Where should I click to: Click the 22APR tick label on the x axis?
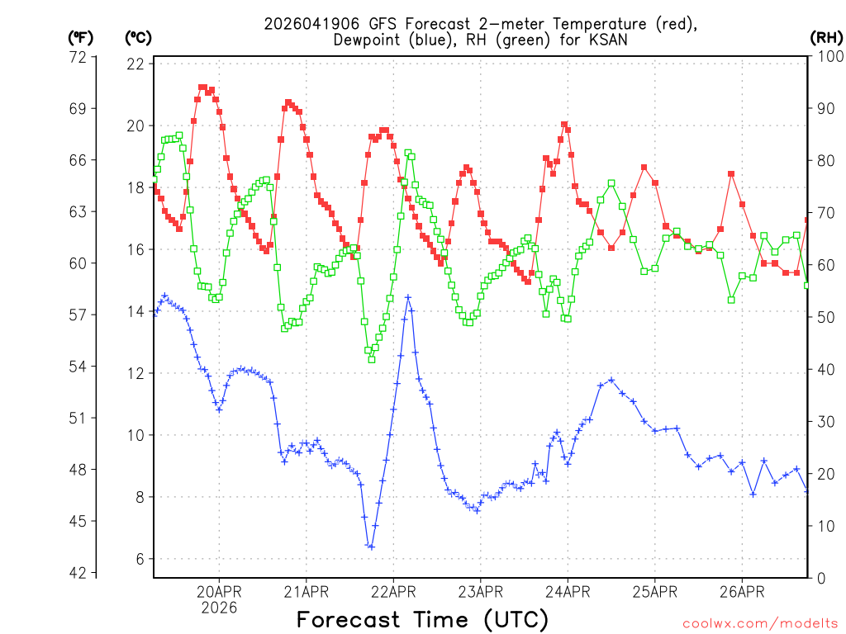[x=393, y=591]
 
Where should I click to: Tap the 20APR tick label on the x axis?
[x=219, y=591]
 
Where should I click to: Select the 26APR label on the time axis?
[x=742, y=591]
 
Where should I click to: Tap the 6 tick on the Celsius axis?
[x=140, y=559]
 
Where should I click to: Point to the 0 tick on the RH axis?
[x=820, y=577]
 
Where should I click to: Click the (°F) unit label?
[x=80, y=37]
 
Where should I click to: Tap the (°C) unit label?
[x=138, y=37]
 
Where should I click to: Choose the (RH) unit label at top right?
[x=825, y=37]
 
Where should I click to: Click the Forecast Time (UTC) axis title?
[x=422, y=619]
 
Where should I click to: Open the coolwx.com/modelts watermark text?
[x=759, y=622]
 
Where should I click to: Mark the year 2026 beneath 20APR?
[x=219, y=608]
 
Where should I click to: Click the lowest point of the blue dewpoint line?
[x=372, y=546]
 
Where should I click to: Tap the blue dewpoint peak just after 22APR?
[x=407, y=297]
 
